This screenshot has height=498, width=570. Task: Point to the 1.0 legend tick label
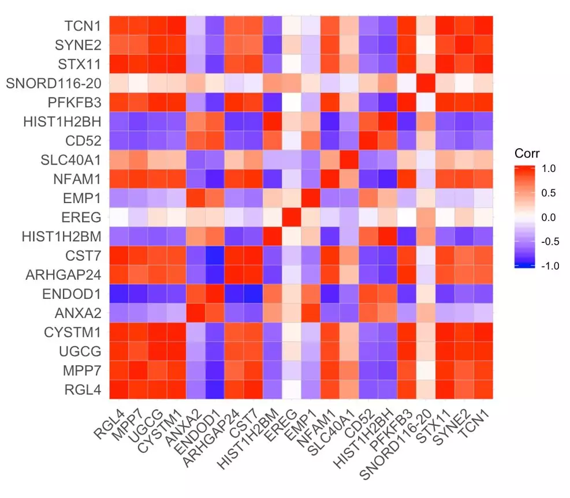coord(548,170)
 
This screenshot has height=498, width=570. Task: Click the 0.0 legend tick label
coord(548,218)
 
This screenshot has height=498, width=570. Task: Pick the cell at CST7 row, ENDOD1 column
coord(215,255)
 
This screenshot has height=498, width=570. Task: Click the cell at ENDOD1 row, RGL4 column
coord(120,294)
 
